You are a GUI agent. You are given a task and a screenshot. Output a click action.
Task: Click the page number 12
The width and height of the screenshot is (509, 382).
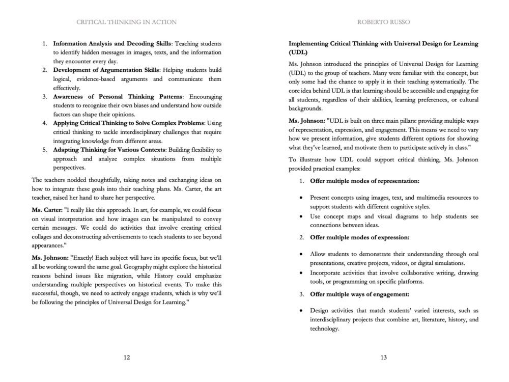(x=127, y=357)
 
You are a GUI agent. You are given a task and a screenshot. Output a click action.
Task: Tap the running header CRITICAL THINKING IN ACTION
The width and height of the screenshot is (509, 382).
(x=126, y=22)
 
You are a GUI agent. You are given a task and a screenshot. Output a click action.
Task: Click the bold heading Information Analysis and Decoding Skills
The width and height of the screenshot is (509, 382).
(x=112, y=43)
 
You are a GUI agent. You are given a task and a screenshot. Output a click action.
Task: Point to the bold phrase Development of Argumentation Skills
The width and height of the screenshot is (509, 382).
(x=106, y=70)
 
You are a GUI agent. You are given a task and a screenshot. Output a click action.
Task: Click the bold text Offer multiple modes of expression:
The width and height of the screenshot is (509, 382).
(x=359, y=237)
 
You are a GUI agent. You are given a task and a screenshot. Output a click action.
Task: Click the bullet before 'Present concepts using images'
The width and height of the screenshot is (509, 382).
(x=302, y=197)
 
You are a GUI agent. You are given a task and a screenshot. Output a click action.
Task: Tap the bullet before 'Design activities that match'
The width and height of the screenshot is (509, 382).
(x=302, y=310)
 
